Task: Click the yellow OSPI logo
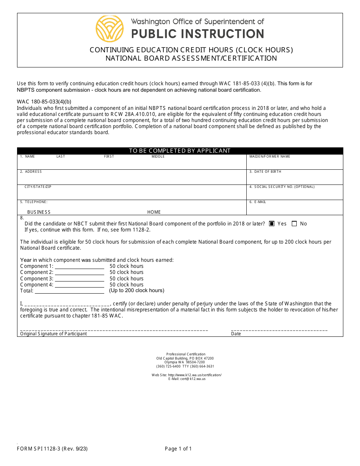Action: point(110,29)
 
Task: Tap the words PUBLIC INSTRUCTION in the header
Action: point(197,34)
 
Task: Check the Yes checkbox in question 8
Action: point(272,224)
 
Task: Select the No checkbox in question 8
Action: point(294,224)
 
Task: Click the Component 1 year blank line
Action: point(79,267)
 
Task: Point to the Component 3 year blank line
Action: point(79,279)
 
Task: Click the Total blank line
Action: point(69,291)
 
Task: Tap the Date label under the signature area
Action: point(236,334)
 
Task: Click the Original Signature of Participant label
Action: point(53,334)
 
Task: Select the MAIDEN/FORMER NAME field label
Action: point(270,156)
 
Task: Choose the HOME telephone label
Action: point(154,212)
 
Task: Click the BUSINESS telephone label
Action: point(39,212)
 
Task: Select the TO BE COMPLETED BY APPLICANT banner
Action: point(180,151)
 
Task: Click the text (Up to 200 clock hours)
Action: point(137,291)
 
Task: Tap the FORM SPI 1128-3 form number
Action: point(52,449)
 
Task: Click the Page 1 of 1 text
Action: point(178,449)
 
